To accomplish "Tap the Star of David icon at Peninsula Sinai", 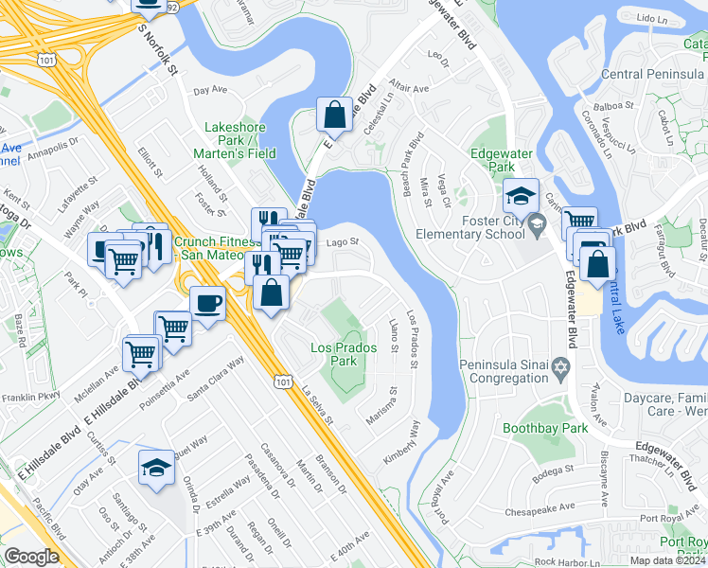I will (561, 366).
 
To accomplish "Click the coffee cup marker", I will (207, 304).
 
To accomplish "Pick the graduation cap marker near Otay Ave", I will (156, 468).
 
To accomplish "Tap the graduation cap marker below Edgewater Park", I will (520, 195).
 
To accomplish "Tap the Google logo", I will (31, 556).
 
